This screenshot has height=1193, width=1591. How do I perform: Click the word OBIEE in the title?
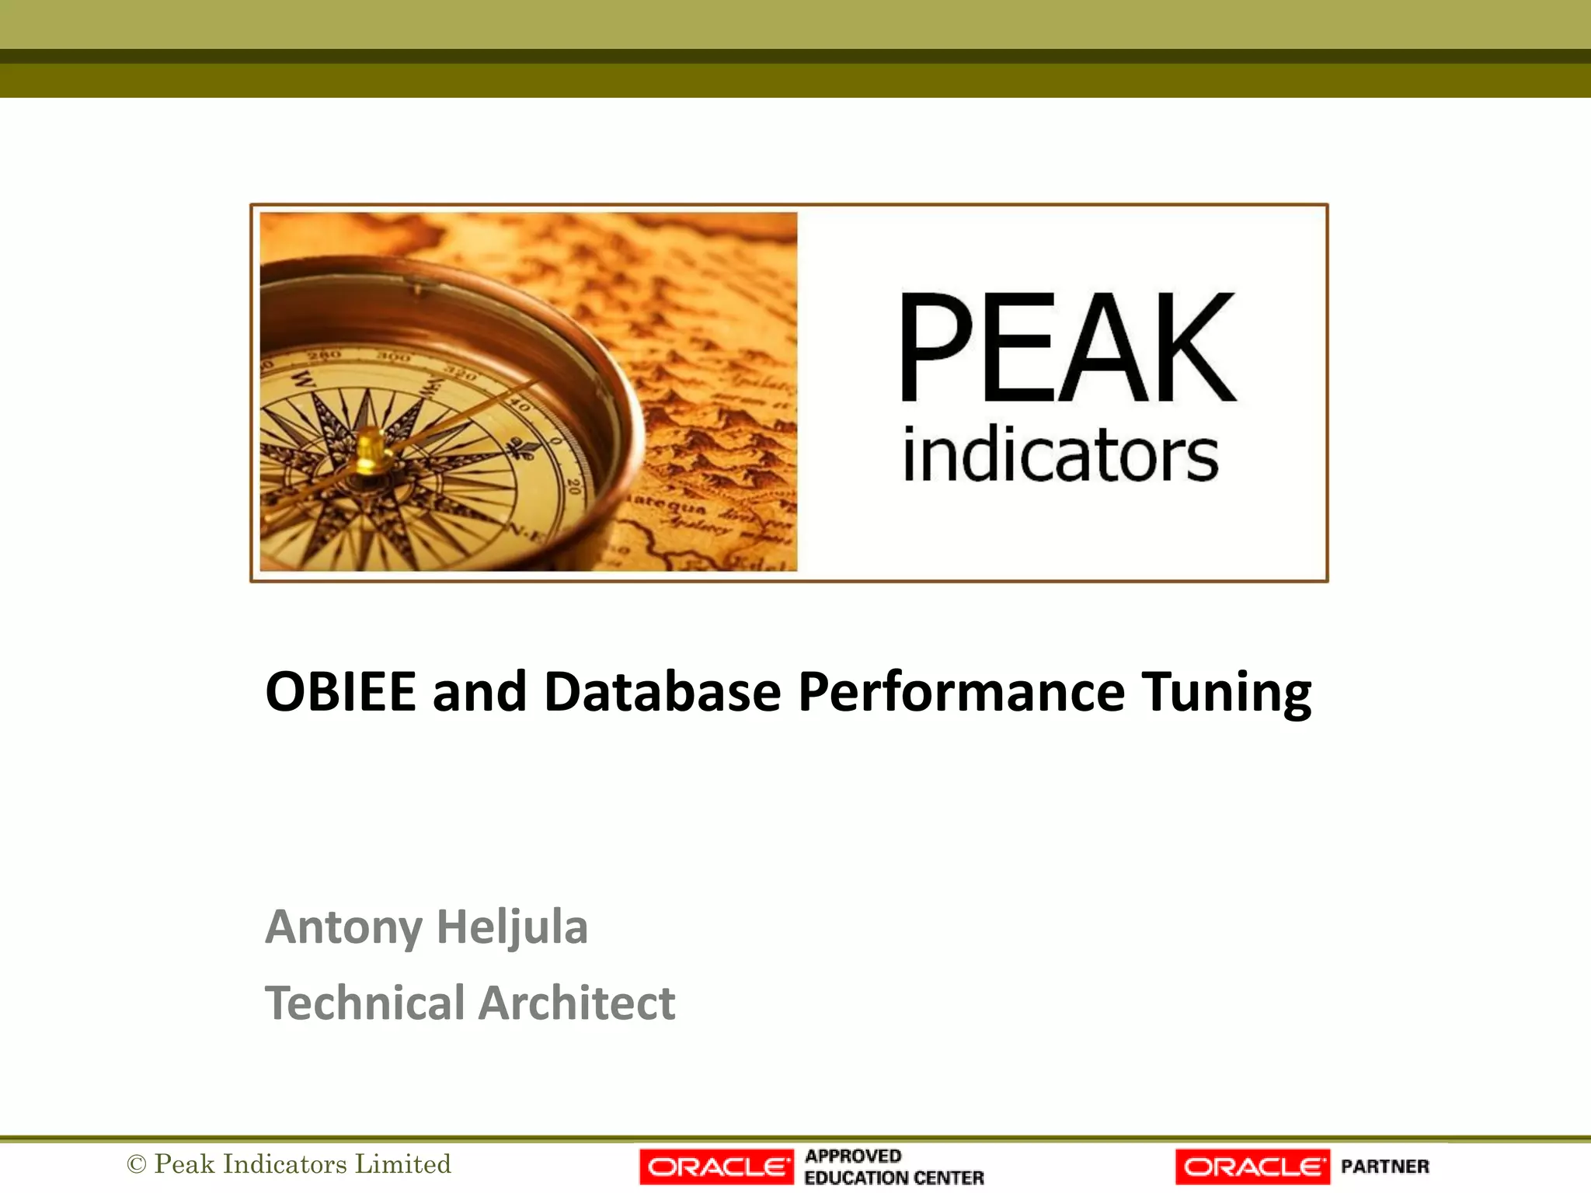tap(340, 690)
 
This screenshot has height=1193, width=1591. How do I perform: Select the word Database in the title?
tap(662, 690)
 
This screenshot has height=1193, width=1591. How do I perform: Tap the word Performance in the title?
tap(961, 690)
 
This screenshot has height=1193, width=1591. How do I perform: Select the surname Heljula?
tap(512, 927)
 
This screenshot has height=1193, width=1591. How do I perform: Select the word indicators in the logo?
tap(1060, 455)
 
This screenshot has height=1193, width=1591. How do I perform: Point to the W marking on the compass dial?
tap(304, 381)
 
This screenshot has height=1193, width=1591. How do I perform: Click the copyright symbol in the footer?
tap(137, 1164)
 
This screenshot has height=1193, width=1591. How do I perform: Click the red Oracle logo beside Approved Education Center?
tap(716, 1167)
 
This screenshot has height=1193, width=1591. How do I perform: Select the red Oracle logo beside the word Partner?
tap(1252, 1167)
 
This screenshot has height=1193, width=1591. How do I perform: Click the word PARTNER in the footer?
tap(1384, 1167)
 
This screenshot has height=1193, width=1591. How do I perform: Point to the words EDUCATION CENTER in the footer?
tap(893, 1177)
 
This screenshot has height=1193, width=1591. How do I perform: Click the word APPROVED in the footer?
tap(853, 1156)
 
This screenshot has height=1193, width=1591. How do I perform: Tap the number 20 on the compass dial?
tap(573, 487)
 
